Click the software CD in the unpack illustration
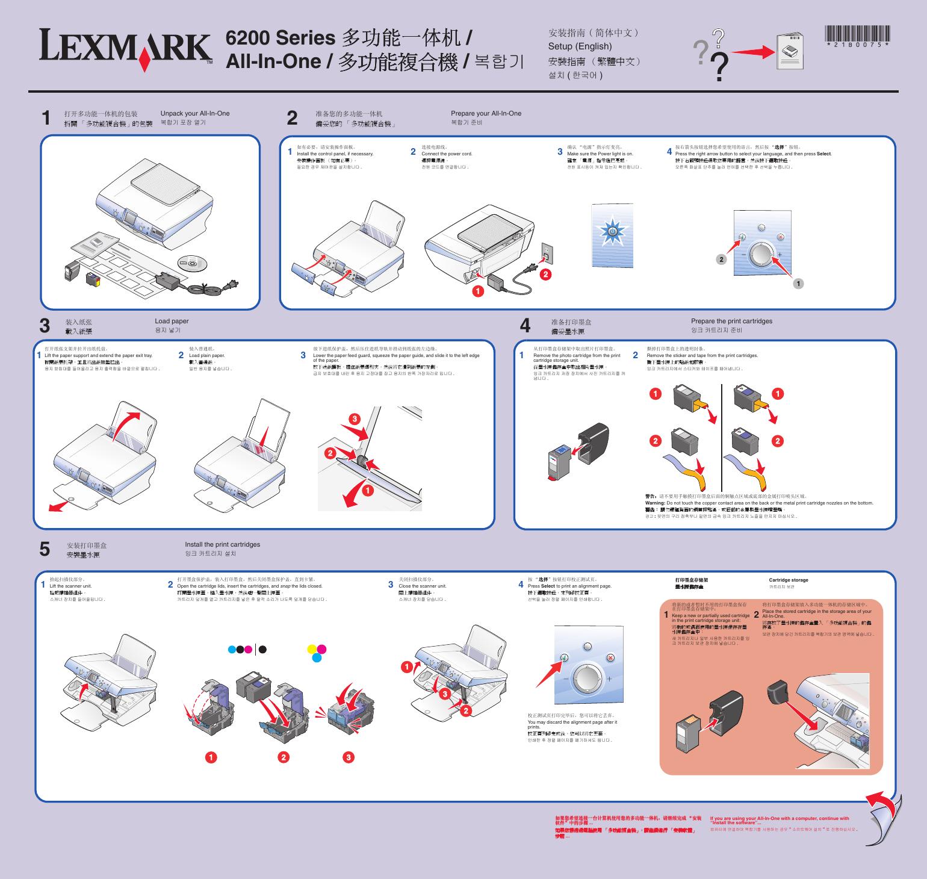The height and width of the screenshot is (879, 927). tap(192, 263)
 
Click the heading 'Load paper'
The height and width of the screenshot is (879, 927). tap(172, 321)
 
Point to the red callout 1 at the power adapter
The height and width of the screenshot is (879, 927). tap(477, 291)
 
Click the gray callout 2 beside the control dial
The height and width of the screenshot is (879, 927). tap(721, 259)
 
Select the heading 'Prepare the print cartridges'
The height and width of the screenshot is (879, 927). tap(731, 321)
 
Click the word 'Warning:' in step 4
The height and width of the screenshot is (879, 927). tap(655, 503)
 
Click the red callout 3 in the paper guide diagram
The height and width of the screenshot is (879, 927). tap(355, 418)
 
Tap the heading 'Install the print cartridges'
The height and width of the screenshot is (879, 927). tap(223, 544)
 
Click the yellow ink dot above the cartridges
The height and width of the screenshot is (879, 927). tap(312, 648)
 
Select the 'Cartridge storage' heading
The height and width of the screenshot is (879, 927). tap(788, 580)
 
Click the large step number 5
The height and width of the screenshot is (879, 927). tap(45, 549)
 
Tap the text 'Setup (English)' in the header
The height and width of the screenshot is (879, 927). tap(580, 46)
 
